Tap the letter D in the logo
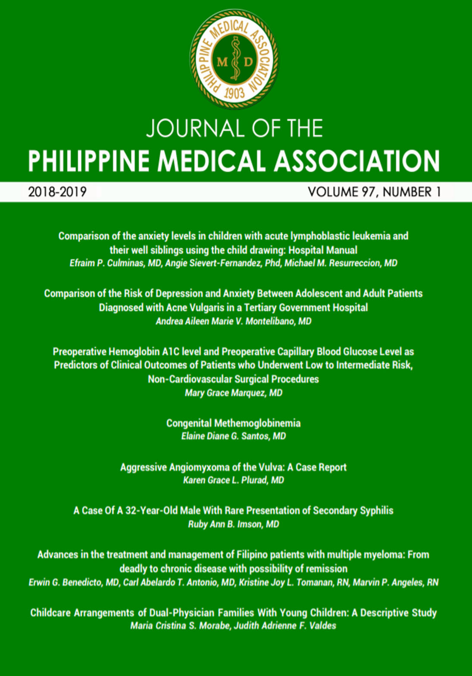[x=248, y=62]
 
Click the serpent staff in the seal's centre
[x=235, y=59]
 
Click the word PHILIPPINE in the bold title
[x=88, y=161]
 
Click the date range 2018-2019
[x=57, y=192]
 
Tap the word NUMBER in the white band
[x=407, y=192]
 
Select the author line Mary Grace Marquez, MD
[x=234, y=393]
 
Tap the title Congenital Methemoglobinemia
[x=234, y=423]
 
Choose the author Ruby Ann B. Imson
[x=225, y=524]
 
